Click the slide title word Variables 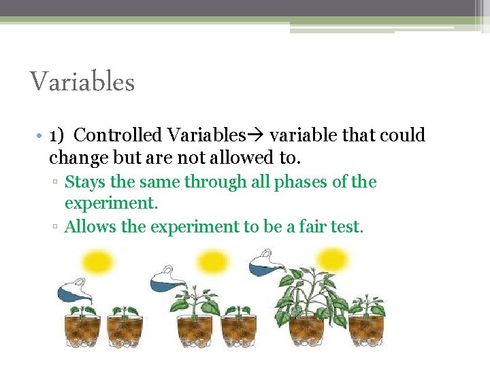(x=82, y=83)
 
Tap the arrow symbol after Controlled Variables (x=258, y=135)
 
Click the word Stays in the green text (x=84, y=182)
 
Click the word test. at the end (x=346, y=226)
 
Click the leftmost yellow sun (x=97, y=262)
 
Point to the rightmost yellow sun (x=332, y=259)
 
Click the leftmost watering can (x=73, y=291)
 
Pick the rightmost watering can (x=266, y=264)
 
